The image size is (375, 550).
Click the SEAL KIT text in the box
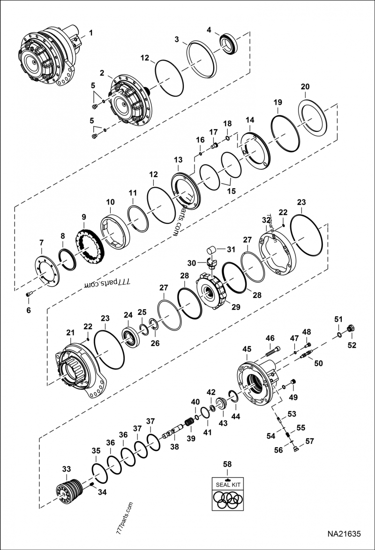pos(228,485)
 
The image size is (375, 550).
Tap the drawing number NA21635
pos(344,534)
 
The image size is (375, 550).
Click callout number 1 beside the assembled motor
pos(91,33)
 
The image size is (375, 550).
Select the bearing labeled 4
pos(229,44)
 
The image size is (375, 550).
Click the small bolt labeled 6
pos(29,294)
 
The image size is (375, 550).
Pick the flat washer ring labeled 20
pos(313,117)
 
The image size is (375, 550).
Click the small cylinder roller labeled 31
pos(210,251)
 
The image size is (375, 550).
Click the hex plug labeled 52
pos(350,328)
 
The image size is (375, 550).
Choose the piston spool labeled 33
pos(69,489)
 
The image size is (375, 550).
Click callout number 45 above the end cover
pos(247,349)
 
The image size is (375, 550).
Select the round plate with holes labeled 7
pos(47,271)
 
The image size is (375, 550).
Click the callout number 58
pos(227,464)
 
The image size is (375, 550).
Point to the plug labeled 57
pos(295,448)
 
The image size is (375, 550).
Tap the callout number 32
pos(266,220)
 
